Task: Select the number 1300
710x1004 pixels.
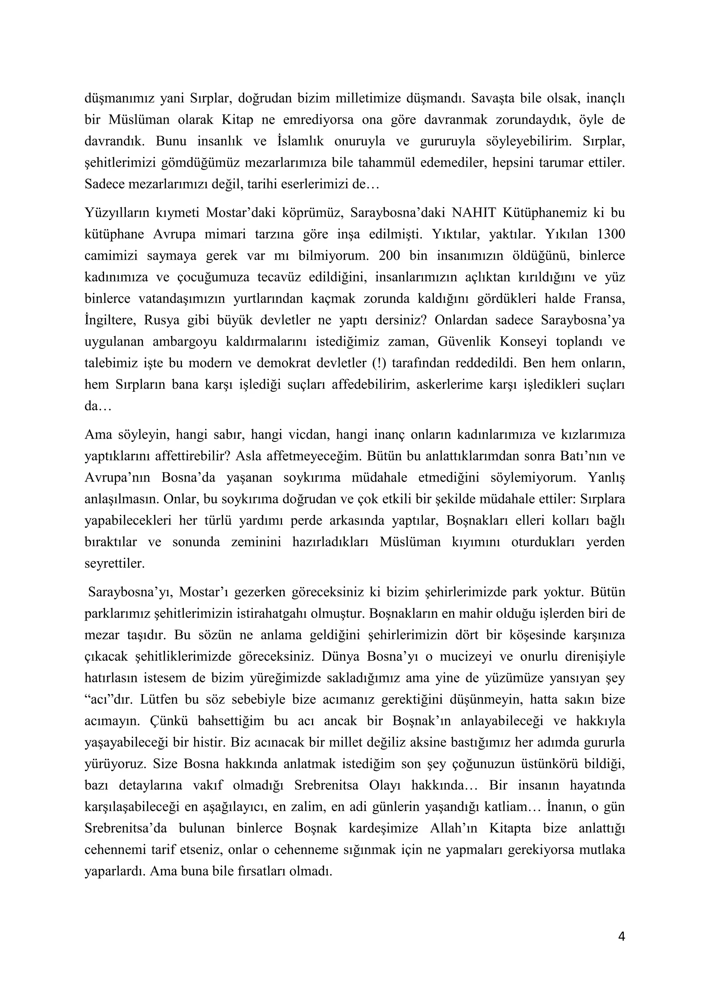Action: click(x=611, y=234)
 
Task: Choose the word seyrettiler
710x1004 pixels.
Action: click(x=114, y=564)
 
